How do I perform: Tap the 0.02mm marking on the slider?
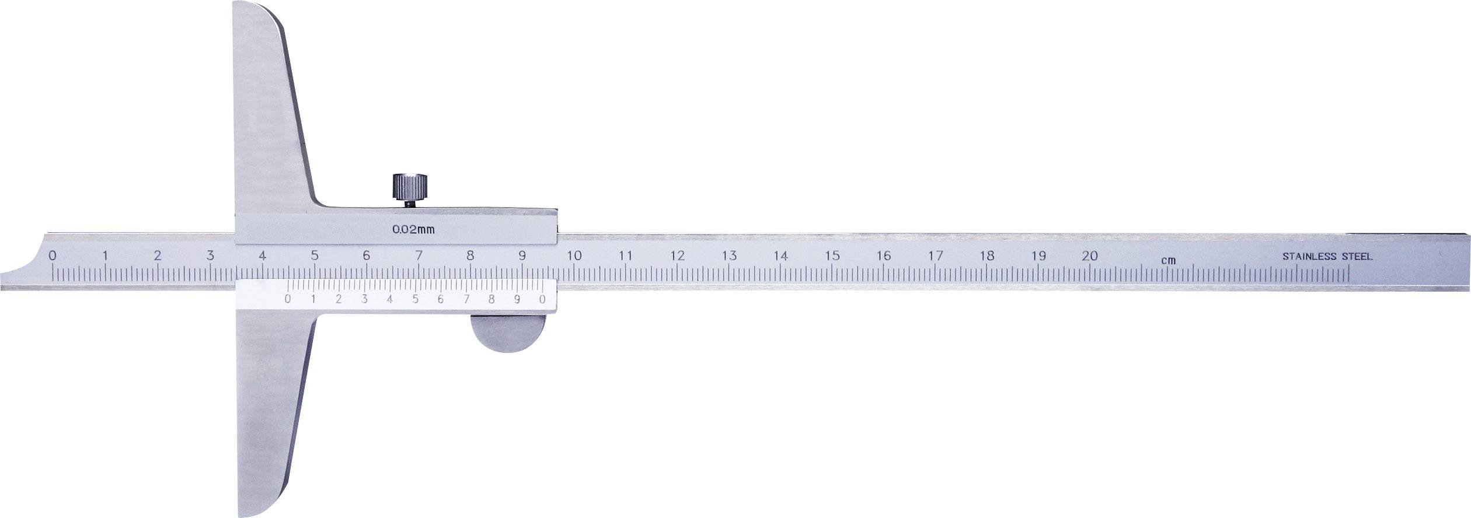pyautogui.click(x=413, y=229)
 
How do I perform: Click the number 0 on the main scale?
pyautogui.click(x=53, y=255)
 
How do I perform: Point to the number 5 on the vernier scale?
pyautogui.click(x=415, y=300)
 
